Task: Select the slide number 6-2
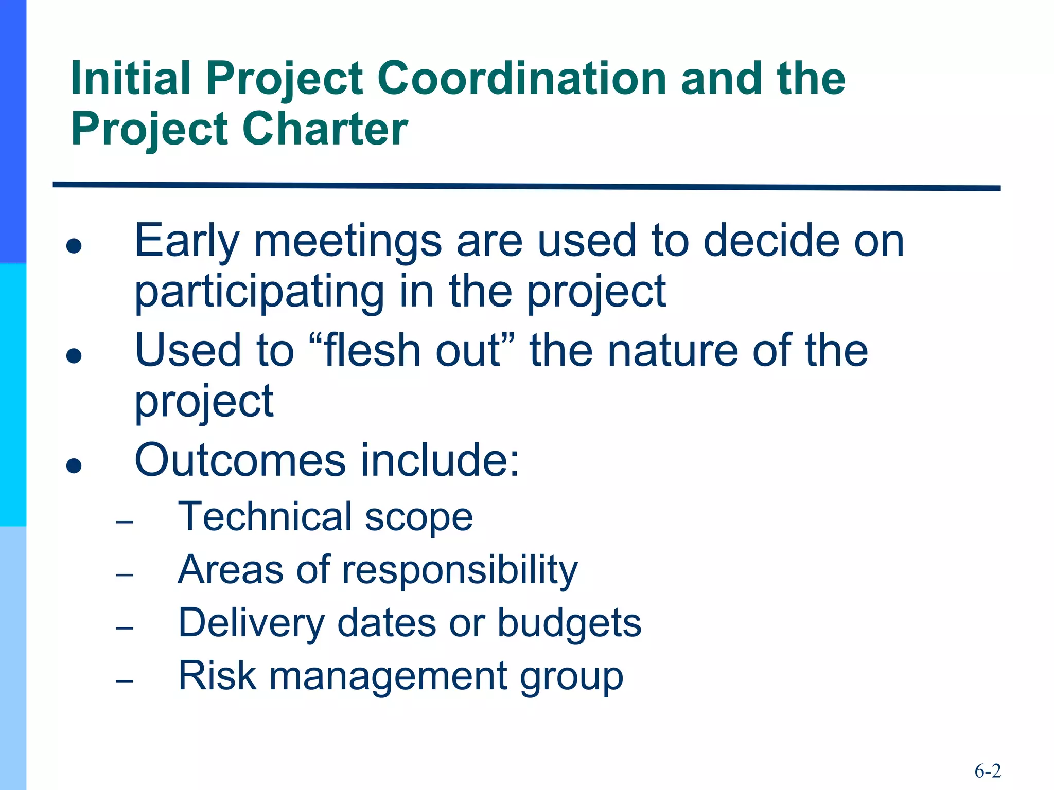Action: tap(988, 771)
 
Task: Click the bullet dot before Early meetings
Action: tap(74, 245)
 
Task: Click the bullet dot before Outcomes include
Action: tap(74, 465)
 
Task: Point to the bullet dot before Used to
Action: tap(74, 355)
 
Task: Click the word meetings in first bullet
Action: tap(348, 242)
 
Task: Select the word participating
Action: tap(259, 292)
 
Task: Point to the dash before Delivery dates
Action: tap(125, 628)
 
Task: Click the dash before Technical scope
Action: tap(125, 523)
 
